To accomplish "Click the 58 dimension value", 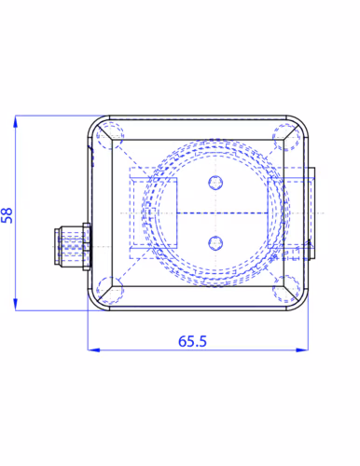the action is tap(7, 215).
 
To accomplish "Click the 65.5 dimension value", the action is tap(192, 341).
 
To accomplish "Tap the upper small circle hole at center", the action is tap(215, 183).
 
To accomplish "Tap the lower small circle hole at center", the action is tap(215, 243).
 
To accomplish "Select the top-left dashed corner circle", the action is tap(110, 136).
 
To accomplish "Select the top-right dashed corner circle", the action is tap(286, 137).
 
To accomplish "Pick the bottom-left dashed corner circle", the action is tap(110, 290).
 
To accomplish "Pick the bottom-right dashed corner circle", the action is tap(286, 289).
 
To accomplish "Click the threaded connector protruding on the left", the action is tap(73, 246).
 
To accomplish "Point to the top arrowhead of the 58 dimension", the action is tap(15, 121).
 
